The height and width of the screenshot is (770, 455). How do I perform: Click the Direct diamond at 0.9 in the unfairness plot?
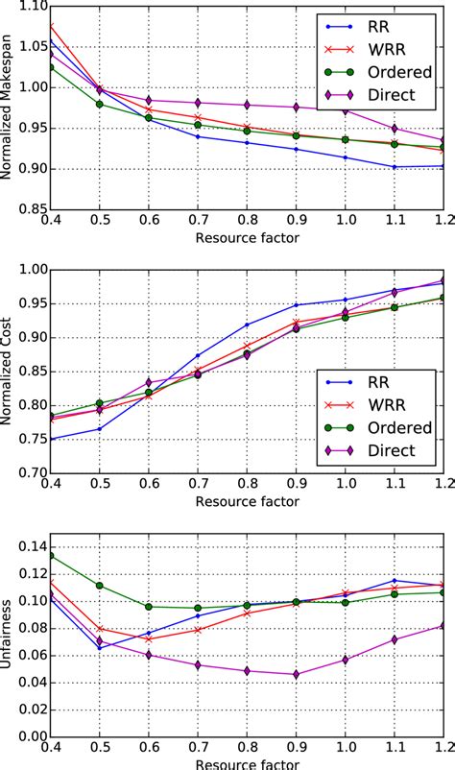click(296, 675)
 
